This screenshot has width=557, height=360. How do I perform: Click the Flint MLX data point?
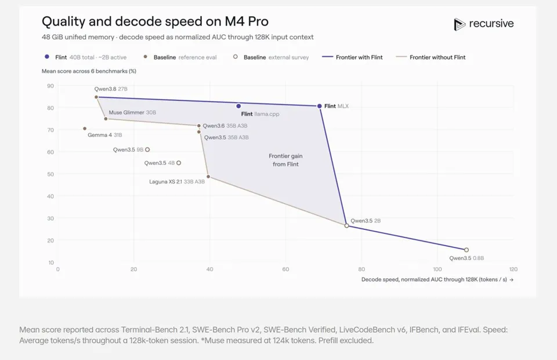[x=319, y=106]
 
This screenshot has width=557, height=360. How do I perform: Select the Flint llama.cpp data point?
[x=238, y=106]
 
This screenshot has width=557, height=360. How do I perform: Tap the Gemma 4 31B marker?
[x=85, y=129]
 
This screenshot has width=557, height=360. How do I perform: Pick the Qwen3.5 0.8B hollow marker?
[x=466, y=250]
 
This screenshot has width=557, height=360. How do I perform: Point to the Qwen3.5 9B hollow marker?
[x=147, y=150]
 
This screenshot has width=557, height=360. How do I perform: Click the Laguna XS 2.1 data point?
[x=208, y=177]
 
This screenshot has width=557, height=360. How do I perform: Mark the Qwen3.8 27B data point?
[x=96, y=97]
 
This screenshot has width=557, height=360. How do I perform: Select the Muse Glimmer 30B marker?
[x=106, y=118]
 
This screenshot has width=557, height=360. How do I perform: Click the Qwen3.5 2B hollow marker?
[x=347, y=226]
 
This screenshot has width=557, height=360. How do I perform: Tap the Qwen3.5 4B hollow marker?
[x=179, y=163]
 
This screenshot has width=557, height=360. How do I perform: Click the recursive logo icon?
[x=460, y=24]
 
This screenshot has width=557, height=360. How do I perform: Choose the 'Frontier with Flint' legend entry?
[x=352, y=57]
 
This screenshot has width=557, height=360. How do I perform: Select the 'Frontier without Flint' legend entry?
[x=431, y=57]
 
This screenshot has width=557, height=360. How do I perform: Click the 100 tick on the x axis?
[x=437, y=269]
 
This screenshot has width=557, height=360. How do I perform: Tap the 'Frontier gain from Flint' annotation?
[x=285, y=160]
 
